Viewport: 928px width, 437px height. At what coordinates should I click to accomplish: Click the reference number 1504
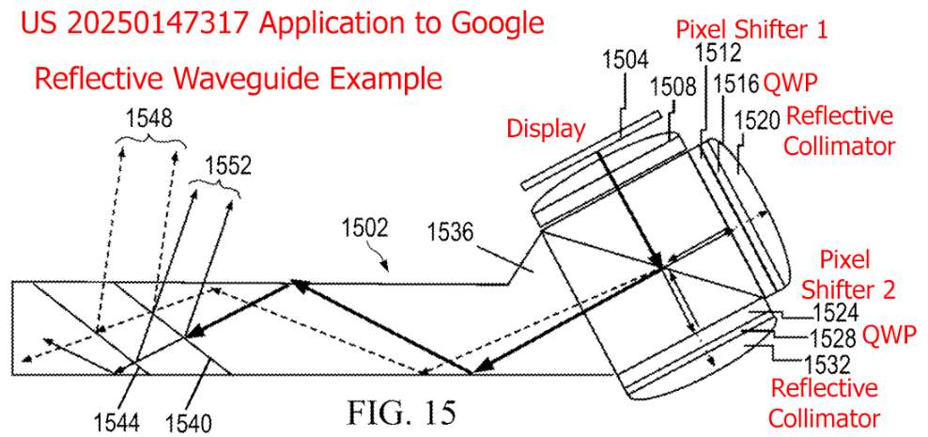click(x=626, y=59)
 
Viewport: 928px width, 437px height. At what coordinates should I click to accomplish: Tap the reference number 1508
click(x=673, y=89)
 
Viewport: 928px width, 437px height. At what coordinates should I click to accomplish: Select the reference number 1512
click(x=717, y=54)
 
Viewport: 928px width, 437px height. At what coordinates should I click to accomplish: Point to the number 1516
click(x=736, y=84)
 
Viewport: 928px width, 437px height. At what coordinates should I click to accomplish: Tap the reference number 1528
click(x=834, y=338)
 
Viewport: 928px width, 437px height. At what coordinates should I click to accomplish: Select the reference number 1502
click(x=364, y=228)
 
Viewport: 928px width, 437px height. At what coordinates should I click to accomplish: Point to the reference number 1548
click(x=148, y=119)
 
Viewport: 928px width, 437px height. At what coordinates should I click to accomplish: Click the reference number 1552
click(x=229, y=166)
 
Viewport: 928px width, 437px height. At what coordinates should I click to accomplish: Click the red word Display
click(x=546, y=129)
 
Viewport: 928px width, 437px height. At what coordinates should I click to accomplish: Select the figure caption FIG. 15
click(x=401, y=411)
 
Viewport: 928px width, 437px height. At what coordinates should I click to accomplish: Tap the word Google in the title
click(x=499, y=24)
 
